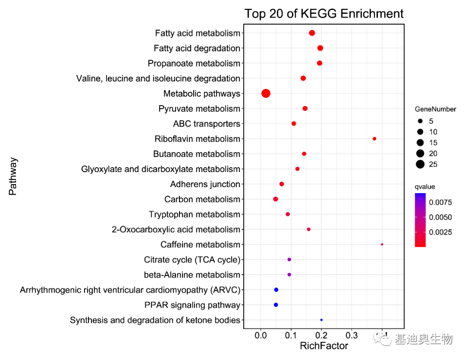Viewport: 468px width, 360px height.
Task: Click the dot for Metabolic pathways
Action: [x=266, y=93]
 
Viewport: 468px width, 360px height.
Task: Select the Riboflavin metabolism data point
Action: [x=374, y=139]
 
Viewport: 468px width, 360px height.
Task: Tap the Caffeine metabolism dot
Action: [x=382, y=244]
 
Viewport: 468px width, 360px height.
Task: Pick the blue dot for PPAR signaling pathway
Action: [x=276, y=305]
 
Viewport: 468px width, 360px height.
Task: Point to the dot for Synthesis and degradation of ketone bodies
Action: [x=321, y=320]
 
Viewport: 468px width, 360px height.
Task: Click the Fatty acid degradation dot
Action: [x=320, y=48]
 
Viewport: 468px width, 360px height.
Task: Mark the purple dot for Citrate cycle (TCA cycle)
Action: [x=289, y=259]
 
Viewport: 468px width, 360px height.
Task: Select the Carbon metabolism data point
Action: [x=276, y=199]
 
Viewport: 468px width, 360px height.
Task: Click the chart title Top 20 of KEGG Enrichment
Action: [x=324, y=13]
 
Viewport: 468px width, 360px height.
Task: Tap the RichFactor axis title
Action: [x=324, y=346]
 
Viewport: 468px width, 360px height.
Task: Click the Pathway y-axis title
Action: [x=13, y=176]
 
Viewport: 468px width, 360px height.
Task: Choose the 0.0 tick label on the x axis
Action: [x=261, y=335]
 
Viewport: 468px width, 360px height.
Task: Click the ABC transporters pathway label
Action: [x=206, y=124]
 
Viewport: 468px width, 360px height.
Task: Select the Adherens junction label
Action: [x=205, y=184]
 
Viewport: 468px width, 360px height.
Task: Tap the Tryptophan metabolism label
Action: [x=194, y=214]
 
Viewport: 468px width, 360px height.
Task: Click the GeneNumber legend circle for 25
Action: [x=420, y=164]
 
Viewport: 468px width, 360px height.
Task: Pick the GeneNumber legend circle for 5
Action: [x=420, y=121]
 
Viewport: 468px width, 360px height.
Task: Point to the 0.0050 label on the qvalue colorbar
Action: [x=441, y=217]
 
